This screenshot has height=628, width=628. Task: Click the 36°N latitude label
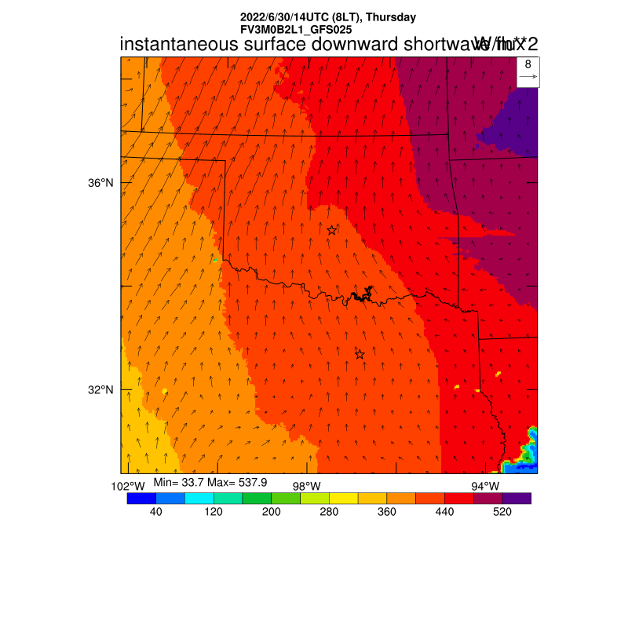click(100, 183)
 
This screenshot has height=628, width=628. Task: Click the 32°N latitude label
click(100, 390)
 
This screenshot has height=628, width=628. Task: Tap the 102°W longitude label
click(127, 486)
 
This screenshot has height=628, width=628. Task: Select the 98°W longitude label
click(306, 486)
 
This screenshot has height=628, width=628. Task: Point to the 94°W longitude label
click(485, 486)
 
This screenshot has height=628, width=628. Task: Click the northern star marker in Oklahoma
click(332, 230)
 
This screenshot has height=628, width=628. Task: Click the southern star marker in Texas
click(360, 354)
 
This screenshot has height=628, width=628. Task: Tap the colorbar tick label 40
click(155, 512)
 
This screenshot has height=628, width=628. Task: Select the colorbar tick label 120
click(214, 512)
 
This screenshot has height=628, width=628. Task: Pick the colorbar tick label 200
click(272, 512)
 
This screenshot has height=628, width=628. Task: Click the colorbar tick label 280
click(329, 512)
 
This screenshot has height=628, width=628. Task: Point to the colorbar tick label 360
click(387, 512)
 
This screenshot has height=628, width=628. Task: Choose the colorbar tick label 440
click(444, 512)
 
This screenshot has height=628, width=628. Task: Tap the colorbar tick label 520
click(502, 512)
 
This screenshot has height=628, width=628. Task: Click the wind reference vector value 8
click(528, 64)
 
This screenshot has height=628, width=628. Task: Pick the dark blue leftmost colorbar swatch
click(141, 498)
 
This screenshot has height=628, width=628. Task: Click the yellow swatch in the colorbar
click(344, 498)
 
